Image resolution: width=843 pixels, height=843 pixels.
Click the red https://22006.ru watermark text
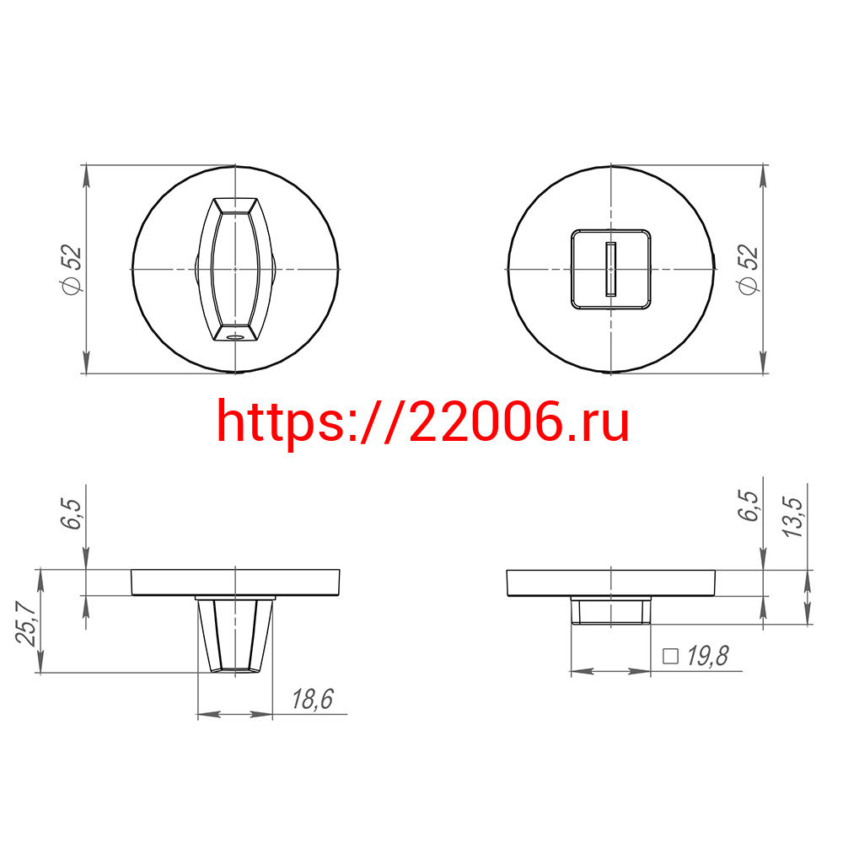[x=422, y=422]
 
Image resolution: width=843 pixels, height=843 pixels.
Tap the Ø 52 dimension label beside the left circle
[x=72, y=270]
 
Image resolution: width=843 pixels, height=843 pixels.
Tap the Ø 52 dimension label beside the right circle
[x=748, y=270]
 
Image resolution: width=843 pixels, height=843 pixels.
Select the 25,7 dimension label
[x=26, y=622]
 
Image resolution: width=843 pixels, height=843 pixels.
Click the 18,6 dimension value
[x=313, y=699]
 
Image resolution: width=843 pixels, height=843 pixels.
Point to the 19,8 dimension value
[x=708, y=656]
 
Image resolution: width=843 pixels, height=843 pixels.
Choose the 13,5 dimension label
[x=792, y=517]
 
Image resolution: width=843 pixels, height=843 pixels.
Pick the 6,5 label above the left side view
[x=71, y=514]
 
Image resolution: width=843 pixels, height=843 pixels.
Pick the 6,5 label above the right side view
[x=748, y=505]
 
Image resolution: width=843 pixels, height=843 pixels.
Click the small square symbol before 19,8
[x=670, y=657]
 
